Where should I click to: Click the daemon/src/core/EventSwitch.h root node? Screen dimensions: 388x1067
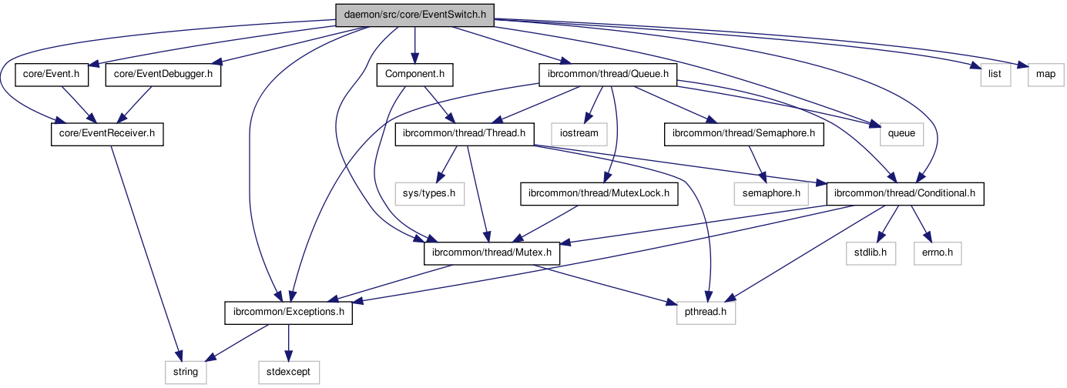point(415,15)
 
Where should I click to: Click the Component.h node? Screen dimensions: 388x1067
point(414,75)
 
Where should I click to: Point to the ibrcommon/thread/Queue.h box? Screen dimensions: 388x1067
point(608,75)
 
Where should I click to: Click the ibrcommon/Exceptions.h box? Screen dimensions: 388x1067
point(288,313)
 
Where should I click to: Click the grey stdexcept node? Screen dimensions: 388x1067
point(287,373)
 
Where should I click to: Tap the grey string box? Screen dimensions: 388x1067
point(185,373)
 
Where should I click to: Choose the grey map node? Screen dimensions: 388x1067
point(1045,75)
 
